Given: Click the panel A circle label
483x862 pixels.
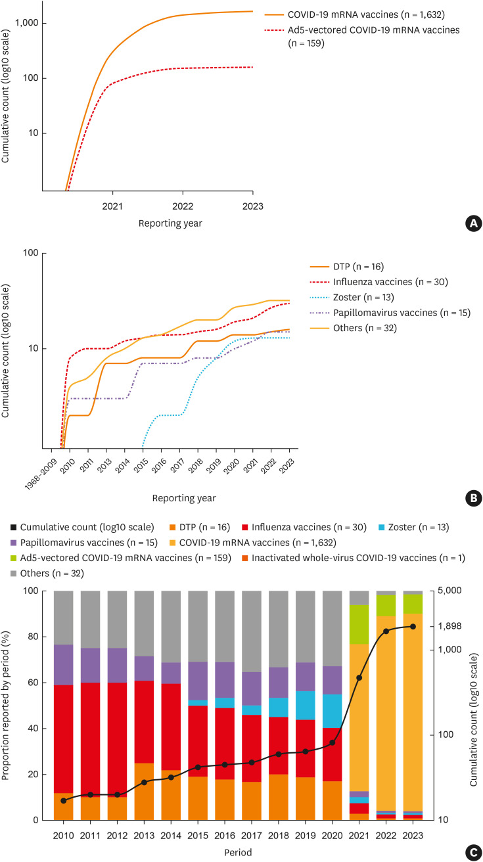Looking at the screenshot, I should (x=471, y=223).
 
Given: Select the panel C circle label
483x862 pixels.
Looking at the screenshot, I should (x=471, y=848).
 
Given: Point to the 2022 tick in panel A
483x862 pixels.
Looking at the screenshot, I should (x=183, y=206).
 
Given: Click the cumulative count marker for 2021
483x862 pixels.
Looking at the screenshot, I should (x=359, y=677).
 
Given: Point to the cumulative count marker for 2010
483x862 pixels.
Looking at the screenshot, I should (x=64, y=800).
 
